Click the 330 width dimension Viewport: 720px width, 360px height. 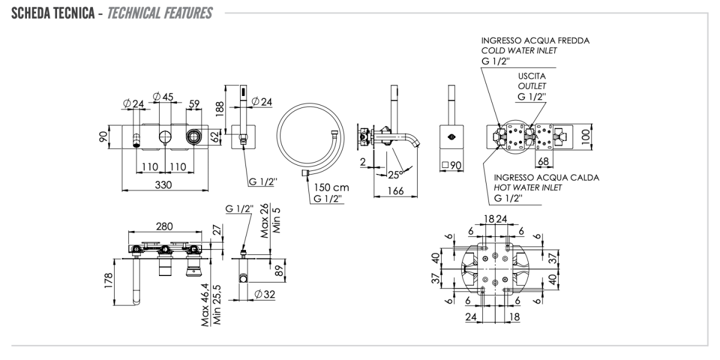[x=160, y=185]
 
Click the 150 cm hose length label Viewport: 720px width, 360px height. [x=331, y=188]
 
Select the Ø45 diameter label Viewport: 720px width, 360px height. [x=163, y=97]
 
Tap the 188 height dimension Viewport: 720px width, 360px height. [x=220, y=108]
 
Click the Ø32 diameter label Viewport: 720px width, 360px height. [x=265, y=295]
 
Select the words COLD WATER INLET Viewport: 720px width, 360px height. [x=519, y=50]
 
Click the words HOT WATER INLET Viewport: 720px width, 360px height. [x=528, y=188]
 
